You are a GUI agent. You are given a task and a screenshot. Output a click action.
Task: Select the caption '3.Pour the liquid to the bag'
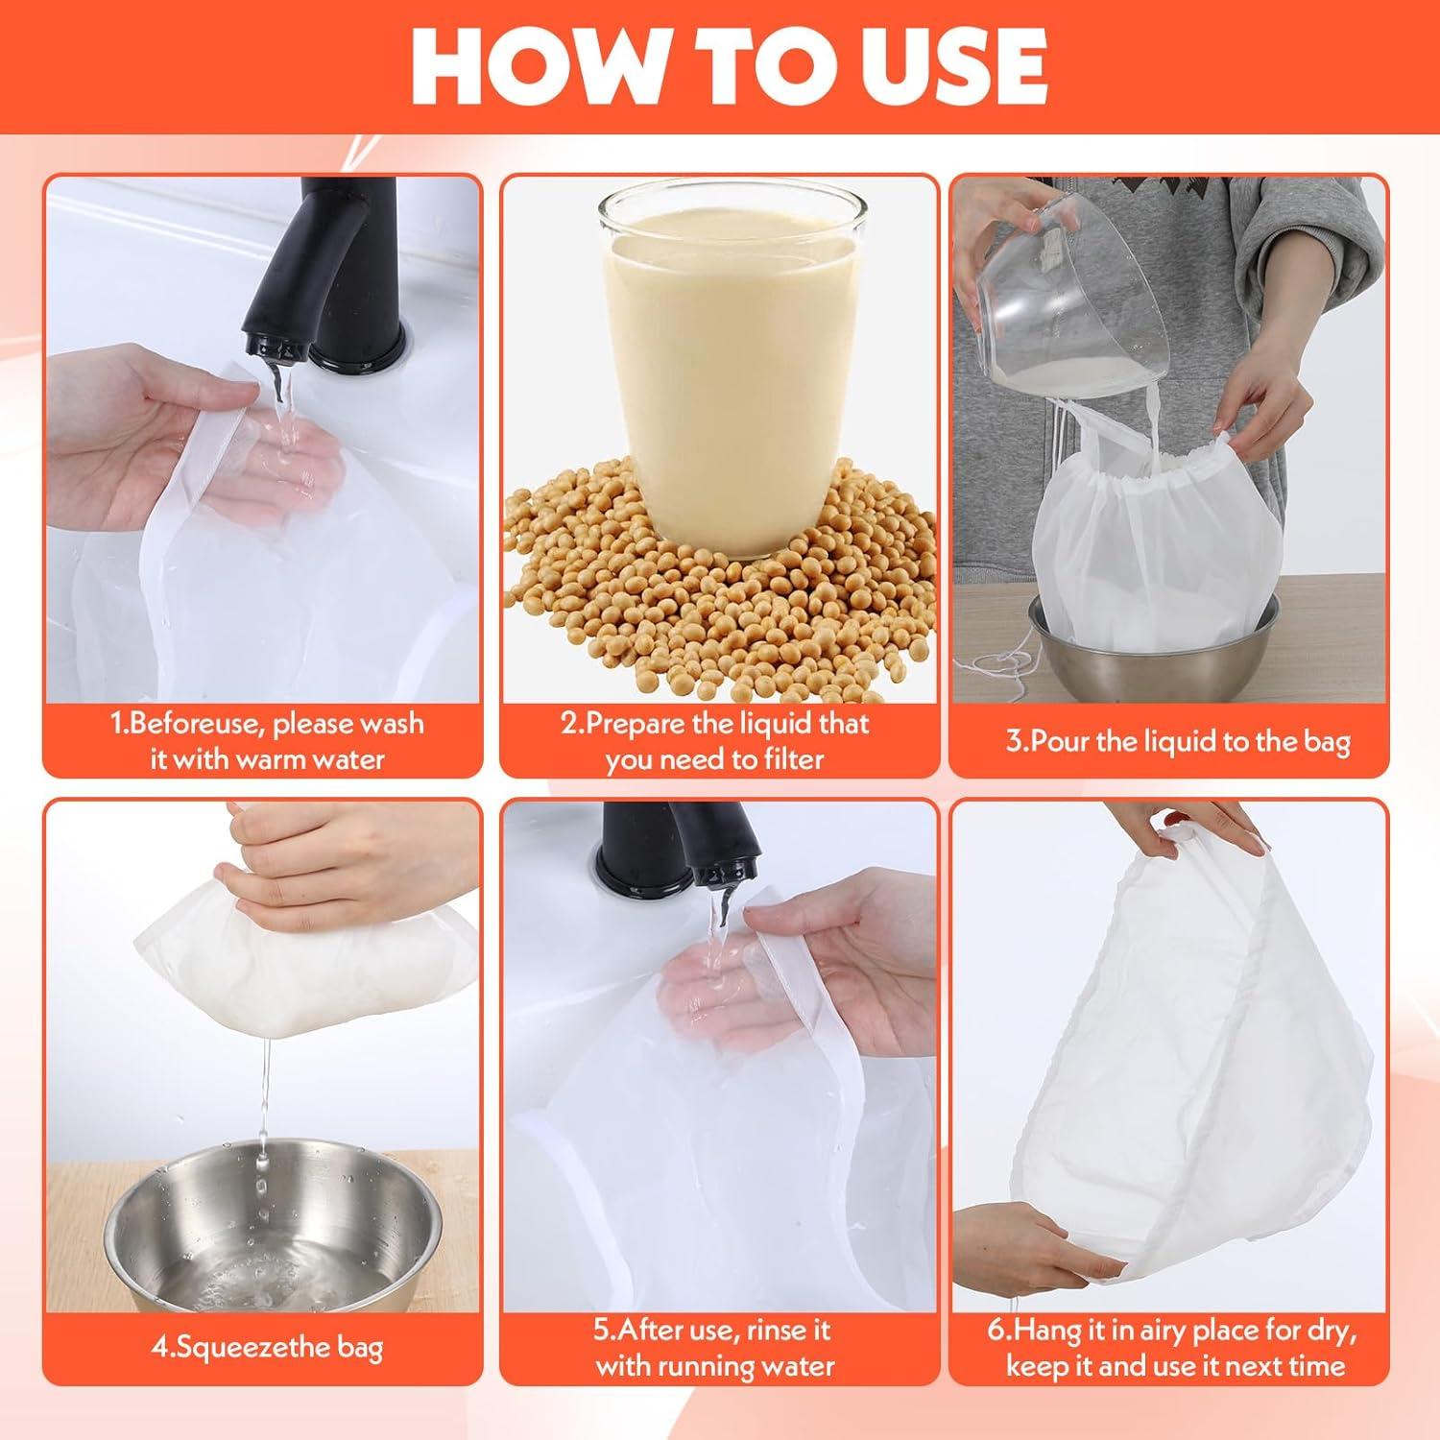(1178, 742)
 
